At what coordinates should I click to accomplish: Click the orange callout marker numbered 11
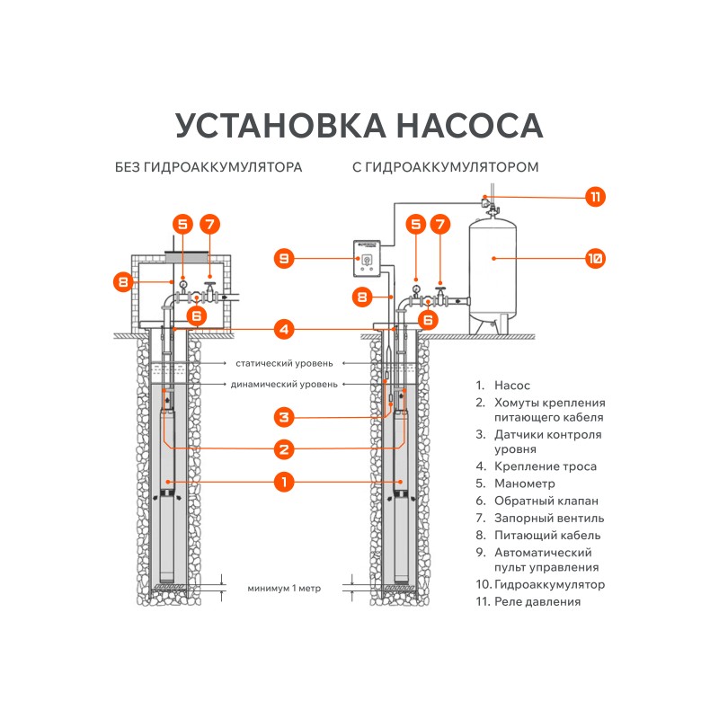click(x=595, y=197)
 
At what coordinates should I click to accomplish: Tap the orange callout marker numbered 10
click(x=594, y=259)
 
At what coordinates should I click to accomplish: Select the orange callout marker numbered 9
click(x=284, y=259)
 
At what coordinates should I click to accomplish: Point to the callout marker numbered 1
click(x=283, y=482)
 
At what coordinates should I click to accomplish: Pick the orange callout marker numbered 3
click(x=283, y=417)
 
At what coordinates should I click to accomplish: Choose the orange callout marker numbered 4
click(x=283, y=330)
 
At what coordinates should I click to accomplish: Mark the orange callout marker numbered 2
click(x=283, y=448)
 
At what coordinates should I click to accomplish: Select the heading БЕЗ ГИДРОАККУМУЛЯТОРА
click(x=209, y=168)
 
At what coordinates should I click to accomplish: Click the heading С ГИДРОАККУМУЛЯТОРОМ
click(x=446, y=168)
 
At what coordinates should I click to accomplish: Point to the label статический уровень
click(x=284, y=364)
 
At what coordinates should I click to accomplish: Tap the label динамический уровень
click(x=285, y=385)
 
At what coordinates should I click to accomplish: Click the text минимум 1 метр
click(x=284, y=589)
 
